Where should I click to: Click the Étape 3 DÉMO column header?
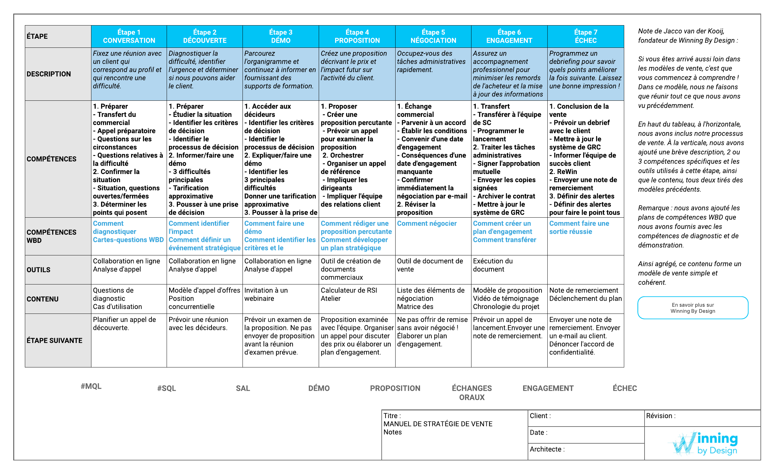pyautogui.click(x=281, y=36)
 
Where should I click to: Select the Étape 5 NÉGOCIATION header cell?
pyautogui.click(x=433, y=36)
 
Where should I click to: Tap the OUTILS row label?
pyautogui.click(x=38, y=270)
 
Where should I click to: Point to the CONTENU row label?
pyautogui.click(x=43, y=299)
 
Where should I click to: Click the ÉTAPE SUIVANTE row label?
pyautogui.click(x=54, y=340)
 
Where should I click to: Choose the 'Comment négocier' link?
pyautogui.click(x=427, y=223)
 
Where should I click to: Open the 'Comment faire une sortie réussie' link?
pyautogui.click(x=579, y=227)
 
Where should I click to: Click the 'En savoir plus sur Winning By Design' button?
pyautogui.click(x=693, y=308)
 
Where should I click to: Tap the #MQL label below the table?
pyautogui.click(x=91, y=386)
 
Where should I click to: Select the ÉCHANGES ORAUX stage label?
pyautogui.click(x=472, y=393)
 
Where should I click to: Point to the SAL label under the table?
pyautogui.click(x=243, y=388)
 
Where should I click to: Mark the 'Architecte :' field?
pyautogui.click(x=547, y=449)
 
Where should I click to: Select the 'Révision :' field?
pyautogui.click(x=661, y=416)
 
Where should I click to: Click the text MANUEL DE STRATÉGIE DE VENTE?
pyautogui.click(x=438, y=424)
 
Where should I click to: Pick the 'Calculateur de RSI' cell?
pyautogui.click(x=349, y=290)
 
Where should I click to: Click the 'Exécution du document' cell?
pyautogui.click(x=493, y=265)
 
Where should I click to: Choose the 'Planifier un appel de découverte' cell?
pyautogui.click(x=124, y=324)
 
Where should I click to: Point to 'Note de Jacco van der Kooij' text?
pyautogui.click(x=681, y=31)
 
